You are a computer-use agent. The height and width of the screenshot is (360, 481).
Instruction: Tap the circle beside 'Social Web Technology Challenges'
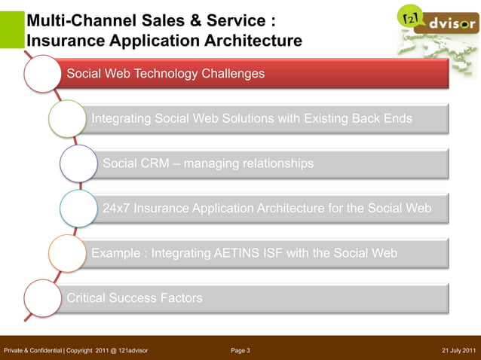coord(42,74)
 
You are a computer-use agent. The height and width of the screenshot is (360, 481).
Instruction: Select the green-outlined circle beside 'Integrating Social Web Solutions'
coord(67,119)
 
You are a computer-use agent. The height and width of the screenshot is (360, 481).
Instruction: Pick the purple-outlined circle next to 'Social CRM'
coord(78,163)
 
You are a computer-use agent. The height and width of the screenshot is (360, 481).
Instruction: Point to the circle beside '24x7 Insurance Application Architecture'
coord(78,209)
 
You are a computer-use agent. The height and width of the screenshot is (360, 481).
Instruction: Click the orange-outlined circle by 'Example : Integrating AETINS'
coord(67,254)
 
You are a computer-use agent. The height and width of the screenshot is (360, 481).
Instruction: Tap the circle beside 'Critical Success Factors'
coord(42,298)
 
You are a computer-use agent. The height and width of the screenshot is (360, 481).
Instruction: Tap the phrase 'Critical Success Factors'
coord(134,298)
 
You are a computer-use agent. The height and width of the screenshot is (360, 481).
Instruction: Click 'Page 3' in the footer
coord(240,350)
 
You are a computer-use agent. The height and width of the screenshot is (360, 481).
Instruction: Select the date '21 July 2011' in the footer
coord(458,350)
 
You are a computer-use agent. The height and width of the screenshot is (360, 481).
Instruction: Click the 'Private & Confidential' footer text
coord(32,350)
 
